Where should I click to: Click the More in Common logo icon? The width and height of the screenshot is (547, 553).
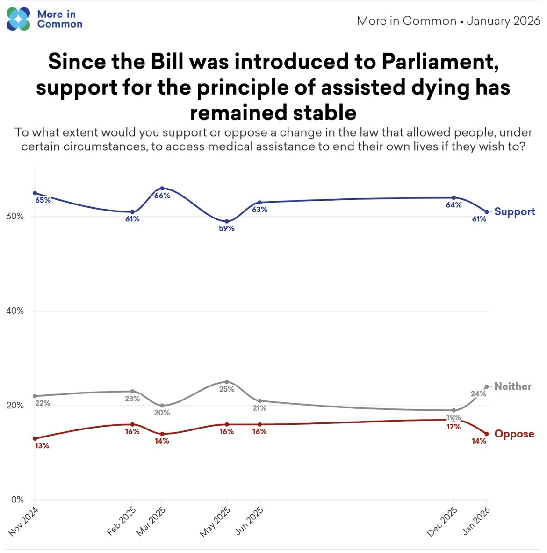(x=18, y=19)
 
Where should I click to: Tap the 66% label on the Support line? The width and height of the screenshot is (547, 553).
(x=162, y=196)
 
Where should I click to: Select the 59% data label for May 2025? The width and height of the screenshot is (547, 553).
(x=227, y=229)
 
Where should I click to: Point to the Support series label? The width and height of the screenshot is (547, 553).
(x=514, y=211)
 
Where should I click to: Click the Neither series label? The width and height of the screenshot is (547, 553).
(x=512, y=386)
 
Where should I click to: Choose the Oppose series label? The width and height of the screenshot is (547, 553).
(x=514, y=434)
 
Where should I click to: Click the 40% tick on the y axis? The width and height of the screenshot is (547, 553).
(x=15, y=311)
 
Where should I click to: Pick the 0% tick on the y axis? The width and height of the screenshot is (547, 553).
(x=17, y=500)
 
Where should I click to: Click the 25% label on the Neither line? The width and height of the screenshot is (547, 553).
(x=227, y=389)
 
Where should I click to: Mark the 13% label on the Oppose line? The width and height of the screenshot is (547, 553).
(x=42, y=446)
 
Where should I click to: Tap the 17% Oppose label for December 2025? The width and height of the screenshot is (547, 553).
(x=453, y=427)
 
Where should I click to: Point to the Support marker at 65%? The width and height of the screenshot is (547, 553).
(x=35, y=193)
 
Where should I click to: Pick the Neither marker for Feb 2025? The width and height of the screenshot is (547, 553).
(x=132, y=391)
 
